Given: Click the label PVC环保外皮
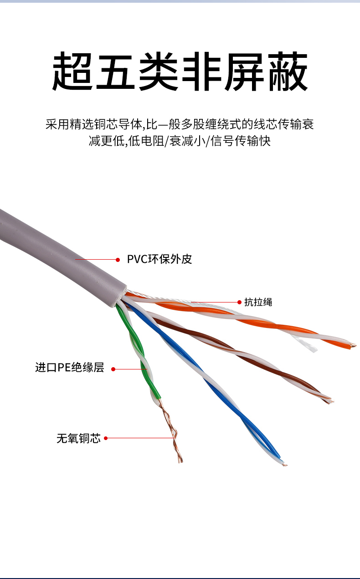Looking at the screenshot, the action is point(159,259).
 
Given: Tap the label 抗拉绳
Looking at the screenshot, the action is point(258,302).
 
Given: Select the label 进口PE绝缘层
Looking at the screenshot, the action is point(70,367).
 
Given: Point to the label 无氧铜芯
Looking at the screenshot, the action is point(79,438).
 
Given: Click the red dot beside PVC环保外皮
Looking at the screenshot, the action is point(118,260).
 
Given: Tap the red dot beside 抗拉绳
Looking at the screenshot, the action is point(240,302).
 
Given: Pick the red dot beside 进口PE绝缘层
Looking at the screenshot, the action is point(113,369).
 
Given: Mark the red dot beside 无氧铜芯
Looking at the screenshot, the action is point(106,438).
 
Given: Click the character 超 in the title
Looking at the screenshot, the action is point(72,71).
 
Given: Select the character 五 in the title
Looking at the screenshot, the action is point(115,71).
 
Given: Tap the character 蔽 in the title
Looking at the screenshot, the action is point(288,71).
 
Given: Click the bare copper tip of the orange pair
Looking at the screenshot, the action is point(353,345).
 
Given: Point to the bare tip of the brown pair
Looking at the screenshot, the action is point(330,401).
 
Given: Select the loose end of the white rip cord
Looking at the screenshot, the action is point(313,349).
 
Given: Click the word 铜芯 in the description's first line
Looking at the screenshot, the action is point(106,124).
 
